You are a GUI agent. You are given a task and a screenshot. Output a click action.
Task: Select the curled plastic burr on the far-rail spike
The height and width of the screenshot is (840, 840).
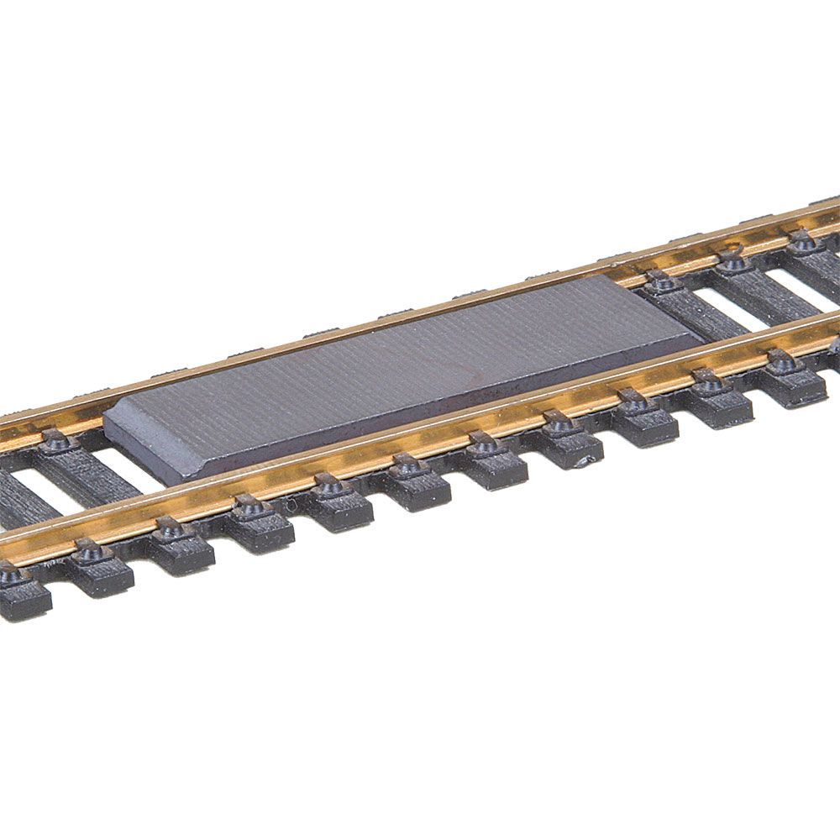point(735,249)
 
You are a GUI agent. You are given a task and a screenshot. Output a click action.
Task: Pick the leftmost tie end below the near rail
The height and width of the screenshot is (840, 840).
point(21,591)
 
